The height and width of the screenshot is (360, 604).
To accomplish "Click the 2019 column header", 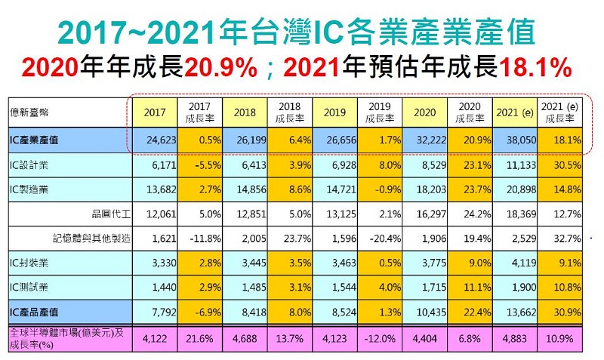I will [334, 113].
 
